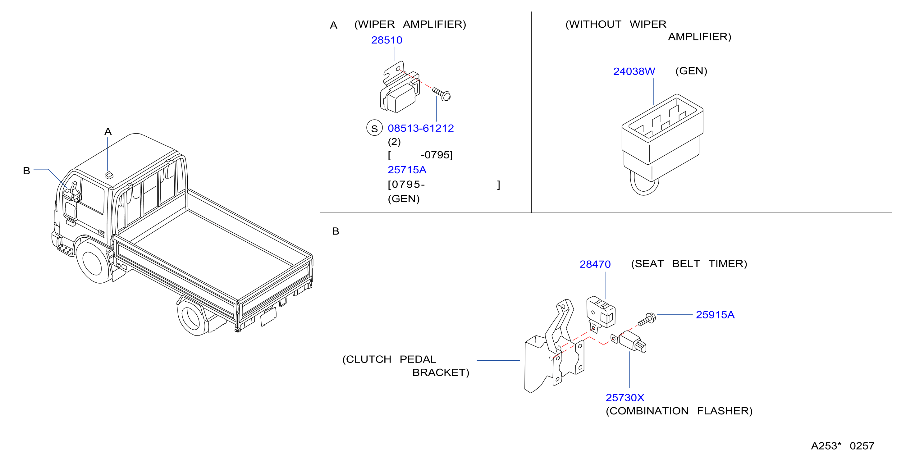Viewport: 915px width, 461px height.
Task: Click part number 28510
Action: click(387, 40)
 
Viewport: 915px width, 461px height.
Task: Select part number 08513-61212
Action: click(421, 128)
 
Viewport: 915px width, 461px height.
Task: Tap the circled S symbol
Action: click(374, 128)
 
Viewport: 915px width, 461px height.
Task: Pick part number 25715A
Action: click(407, 170)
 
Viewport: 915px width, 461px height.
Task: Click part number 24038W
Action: click(634, 71)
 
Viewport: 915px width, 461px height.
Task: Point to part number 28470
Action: click(595, 264)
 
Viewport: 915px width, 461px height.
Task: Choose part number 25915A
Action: click(715, 315)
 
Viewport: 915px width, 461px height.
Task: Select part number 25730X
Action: click(625, 397)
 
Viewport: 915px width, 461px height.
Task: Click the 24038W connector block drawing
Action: click(662, 144)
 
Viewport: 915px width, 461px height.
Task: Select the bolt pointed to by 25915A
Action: click(647, 319)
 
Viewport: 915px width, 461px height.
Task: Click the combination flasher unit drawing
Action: click(629, 342)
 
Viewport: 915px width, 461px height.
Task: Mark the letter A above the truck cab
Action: click(108, 132)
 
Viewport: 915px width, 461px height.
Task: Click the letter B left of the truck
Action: click(26, 171)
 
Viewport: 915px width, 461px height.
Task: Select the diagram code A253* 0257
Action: click(843, 446)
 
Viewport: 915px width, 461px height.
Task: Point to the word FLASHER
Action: click(725, 411)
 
